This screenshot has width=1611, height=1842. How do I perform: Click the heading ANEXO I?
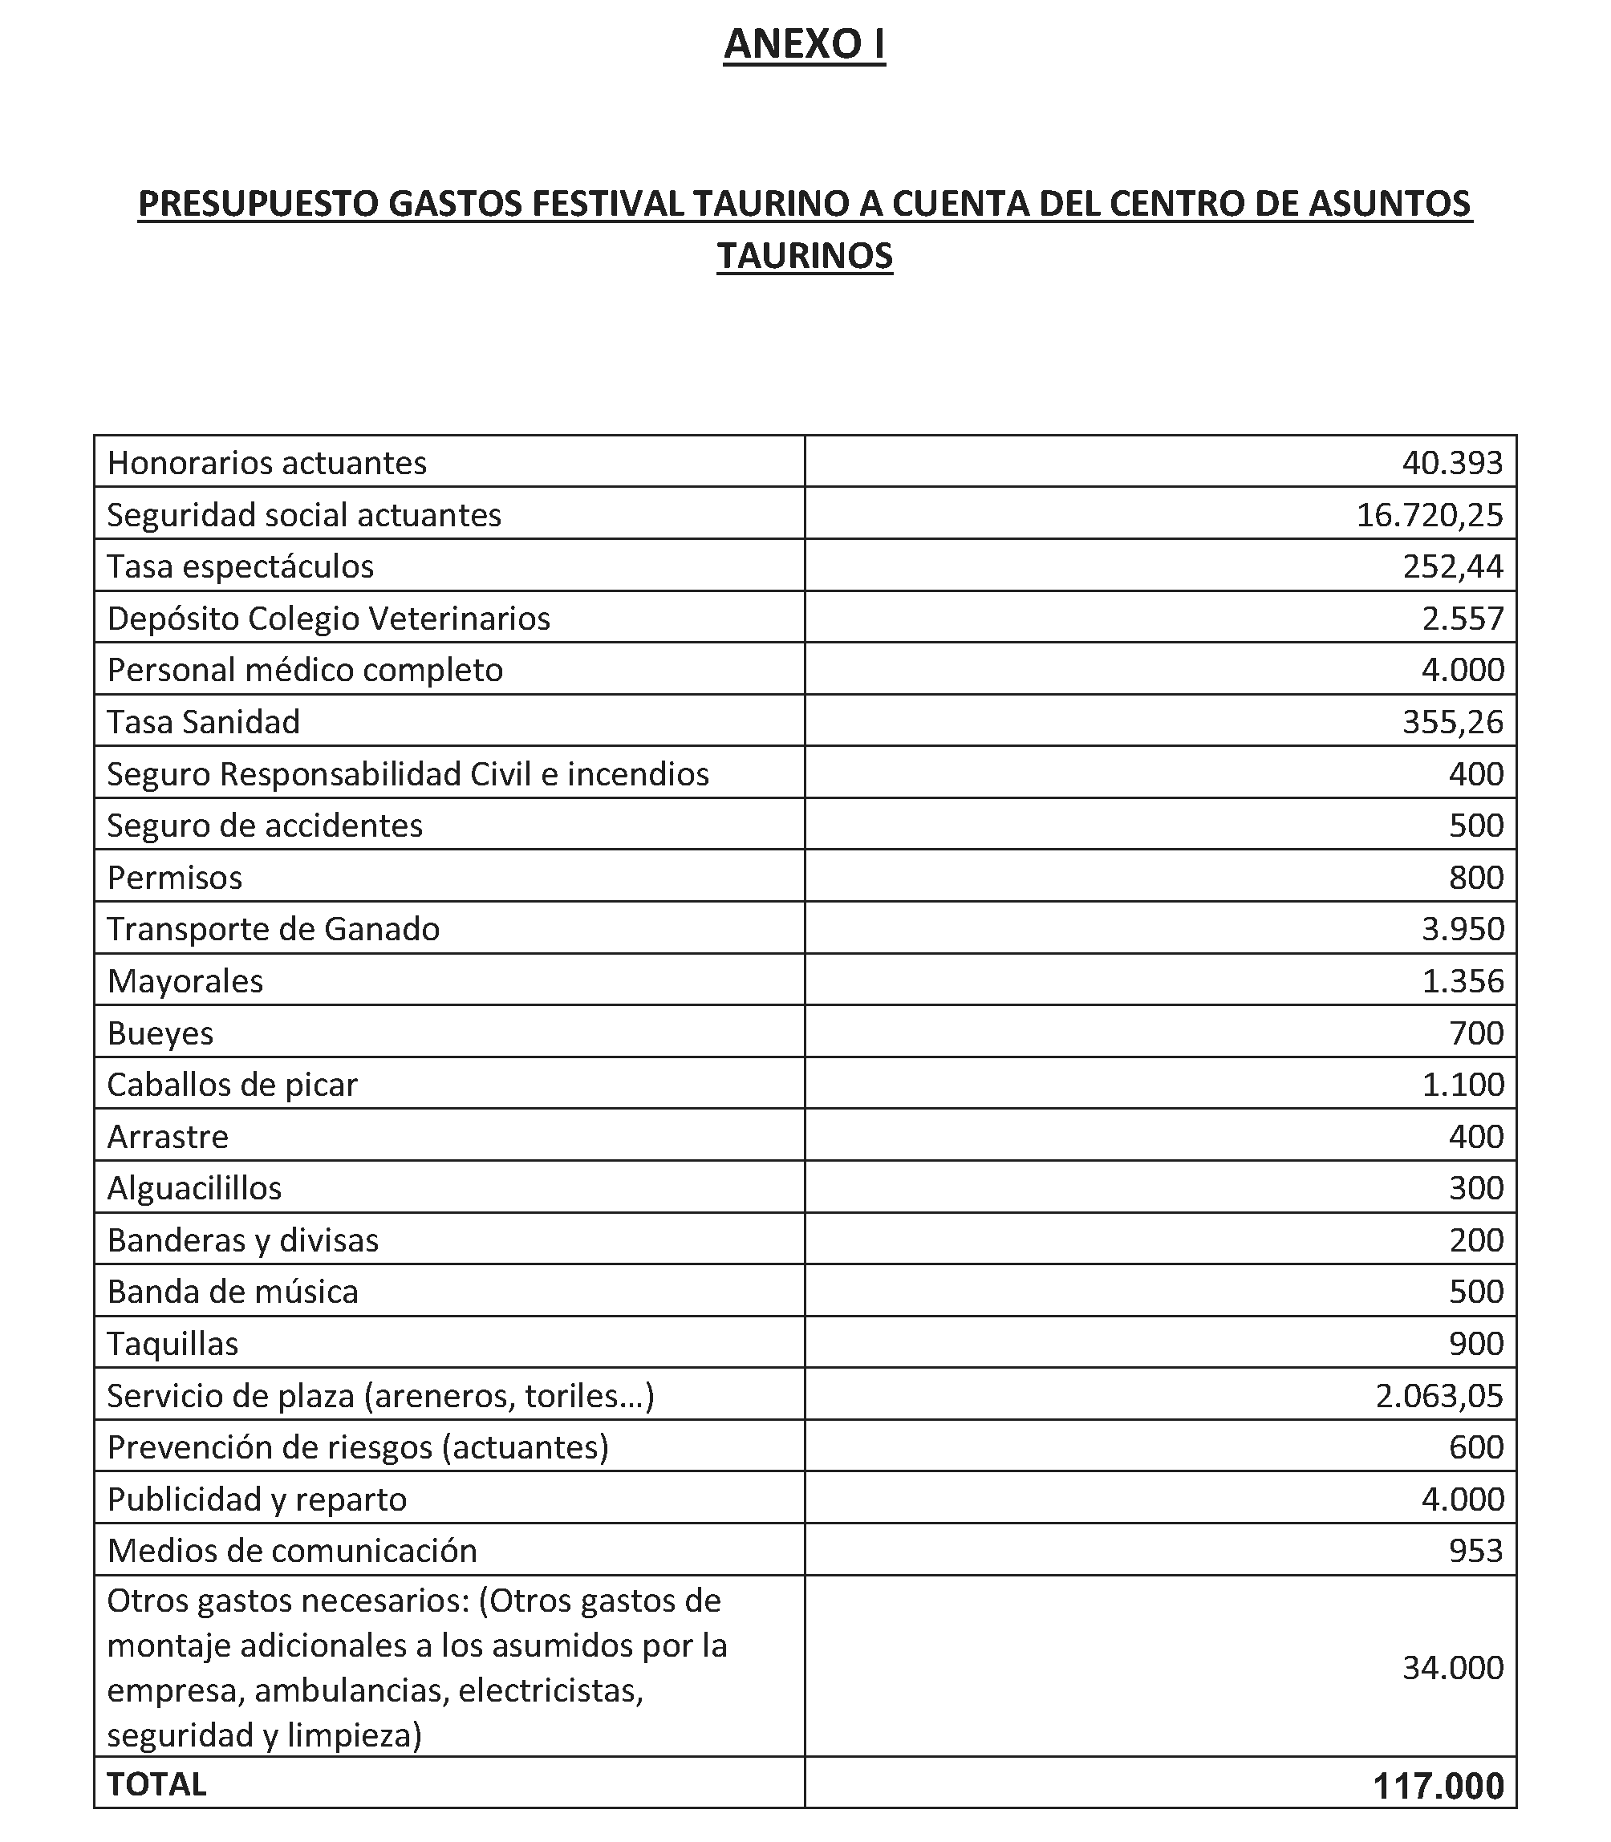(x=805, y=45)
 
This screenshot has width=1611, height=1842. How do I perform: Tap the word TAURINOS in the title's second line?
(x=805, y=256)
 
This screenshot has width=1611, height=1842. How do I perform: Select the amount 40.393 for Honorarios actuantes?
(x=1452, y=463)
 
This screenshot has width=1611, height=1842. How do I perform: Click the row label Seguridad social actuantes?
(x=304, y=515)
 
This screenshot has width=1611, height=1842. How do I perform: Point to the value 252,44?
(x=1453, y=566)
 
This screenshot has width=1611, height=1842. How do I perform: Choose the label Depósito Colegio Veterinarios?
(x=328, y=619)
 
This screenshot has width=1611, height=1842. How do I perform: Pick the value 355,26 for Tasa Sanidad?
(x=1453, y=722)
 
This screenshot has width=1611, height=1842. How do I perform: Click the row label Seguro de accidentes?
(x=264, y=826)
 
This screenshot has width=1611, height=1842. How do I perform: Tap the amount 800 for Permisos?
(x=1476, y=878)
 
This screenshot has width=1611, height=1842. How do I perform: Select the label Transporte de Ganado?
(x=274, y=929)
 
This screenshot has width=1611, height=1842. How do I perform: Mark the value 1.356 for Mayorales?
(x=1463, y=981)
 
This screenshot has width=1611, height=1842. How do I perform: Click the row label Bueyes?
(x=160, y=1033)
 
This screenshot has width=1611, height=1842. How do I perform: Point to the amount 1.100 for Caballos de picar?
(x=1463, y=1084)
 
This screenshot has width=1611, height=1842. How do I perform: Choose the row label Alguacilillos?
(x=194, y=1188)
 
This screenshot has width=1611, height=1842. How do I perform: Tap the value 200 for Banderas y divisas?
(x=1476, y=1240)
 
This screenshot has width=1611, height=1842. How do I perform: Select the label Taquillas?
(x=172, y=1344)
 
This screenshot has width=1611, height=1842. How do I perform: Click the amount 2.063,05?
(x=1439, y=1396)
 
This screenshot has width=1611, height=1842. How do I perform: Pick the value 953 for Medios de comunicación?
(x=1476, y=1551)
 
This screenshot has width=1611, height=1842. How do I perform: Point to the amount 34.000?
(x=1453, y=1668)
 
